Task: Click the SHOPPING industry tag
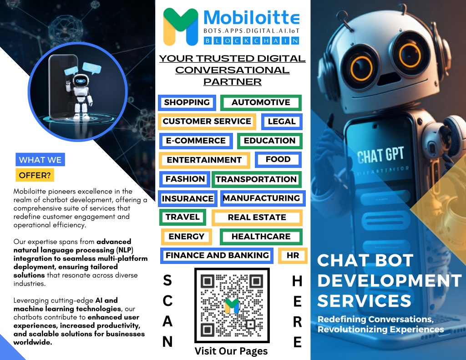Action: [187, 102]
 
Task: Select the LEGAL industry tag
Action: [282, 122]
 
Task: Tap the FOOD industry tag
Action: [278, 160]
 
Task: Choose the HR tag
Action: [293, 255]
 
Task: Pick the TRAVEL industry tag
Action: [182, 217]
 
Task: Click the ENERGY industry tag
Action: [186, 237]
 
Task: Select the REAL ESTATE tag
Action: [257, 217]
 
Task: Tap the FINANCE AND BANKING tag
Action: [217, 255]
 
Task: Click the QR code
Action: [232, 305]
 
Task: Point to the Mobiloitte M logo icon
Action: [181, 27]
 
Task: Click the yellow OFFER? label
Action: [35, 175]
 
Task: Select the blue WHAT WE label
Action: [40, 160]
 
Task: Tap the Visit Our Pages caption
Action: [231, 351]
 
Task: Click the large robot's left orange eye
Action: [361, 69]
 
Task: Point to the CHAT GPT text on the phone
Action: [380, 155]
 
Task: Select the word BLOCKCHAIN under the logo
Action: [251, 41]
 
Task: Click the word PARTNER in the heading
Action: [233, 82]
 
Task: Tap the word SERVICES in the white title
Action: [364, 301]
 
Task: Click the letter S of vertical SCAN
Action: [167, 280]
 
